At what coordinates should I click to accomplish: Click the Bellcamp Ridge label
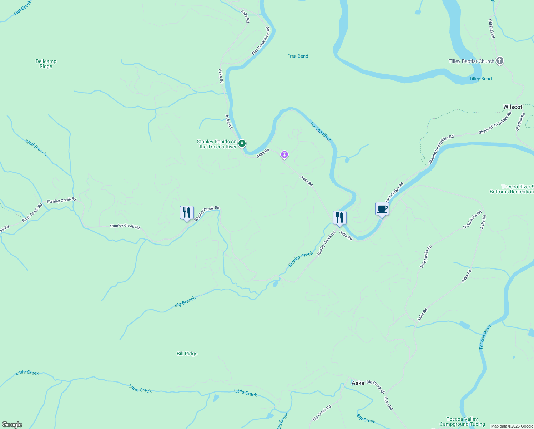(x=46, y=64)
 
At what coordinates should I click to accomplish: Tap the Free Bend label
(x=298, y=56)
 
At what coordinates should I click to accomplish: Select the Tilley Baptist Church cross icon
(x=500, y=61)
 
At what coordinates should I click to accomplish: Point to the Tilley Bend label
(x=480, y=79)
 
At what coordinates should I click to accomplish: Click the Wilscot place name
(x=513, y=107)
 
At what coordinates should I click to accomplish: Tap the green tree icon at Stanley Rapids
(x=242, y=144)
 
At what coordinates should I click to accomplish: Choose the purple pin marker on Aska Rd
(x=284, y=155)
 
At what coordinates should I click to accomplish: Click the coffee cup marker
(x=382, y=209)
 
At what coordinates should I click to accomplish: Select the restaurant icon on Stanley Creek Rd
(x=187, y=213)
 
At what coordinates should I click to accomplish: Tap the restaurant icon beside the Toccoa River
(x=339, y=218)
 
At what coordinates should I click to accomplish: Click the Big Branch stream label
(x=185, y=302)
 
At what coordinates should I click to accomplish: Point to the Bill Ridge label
(x=187, y=354)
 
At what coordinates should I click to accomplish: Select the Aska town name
(x=358, y=383)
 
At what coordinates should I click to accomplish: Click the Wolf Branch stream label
(x=36, y=148)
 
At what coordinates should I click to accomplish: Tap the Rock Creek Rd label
(x=32, y=212)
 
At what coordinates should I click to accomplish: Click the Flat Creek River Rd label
(x=261, y=41)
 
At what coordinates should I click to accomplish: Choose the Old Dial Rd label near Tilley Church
(x=492, y=29)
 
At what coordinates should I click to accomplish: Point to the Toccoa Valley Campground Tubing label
(x=462, y=421)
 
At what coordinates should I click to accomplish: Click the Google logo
(x=12, y=425)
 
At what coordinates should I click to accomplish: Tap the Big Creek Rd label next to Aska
(x=376, y=387)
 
